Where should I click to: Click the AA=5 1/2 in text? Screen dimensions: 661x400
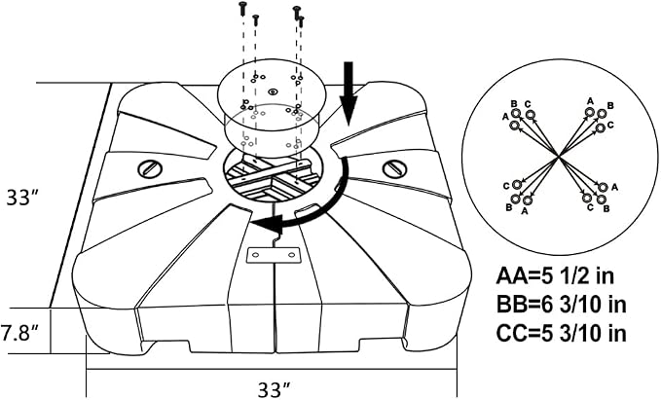555,276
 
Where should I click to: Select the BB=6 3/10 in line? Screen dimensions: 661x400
561,305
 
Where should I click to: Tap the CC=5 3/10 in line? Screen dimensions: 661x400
561,334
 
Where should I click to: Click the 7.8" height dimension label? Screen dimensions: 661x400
18,333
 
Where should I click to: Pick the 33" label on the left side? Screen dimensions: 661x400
23,198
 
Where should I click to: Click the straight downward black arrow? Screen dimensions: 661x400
349,93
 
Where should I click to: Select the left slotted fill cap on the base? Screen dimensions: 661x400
150,169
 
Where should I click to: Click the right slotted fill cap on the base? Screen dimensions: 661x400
395,168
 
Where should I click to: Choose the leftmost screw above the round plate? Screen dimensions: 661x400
242,9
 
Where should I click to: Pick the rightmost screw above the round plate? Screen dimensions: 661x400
301,21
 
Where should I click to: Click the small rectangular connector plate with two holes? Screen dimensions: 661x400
274,255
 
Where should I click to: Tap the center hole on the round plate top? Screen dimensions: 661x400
273,91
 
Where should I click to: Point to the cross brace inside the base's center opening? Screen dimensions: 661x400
272,173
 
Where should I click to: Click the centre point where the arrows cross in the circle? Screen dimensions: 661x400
559,157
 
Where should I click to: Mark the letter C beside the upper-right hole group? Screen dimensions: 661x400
611,125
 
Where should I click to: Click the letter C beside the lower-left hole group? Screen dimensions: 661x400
506,186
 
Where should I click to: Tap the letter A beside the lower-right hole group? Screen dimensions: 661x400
614,187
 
